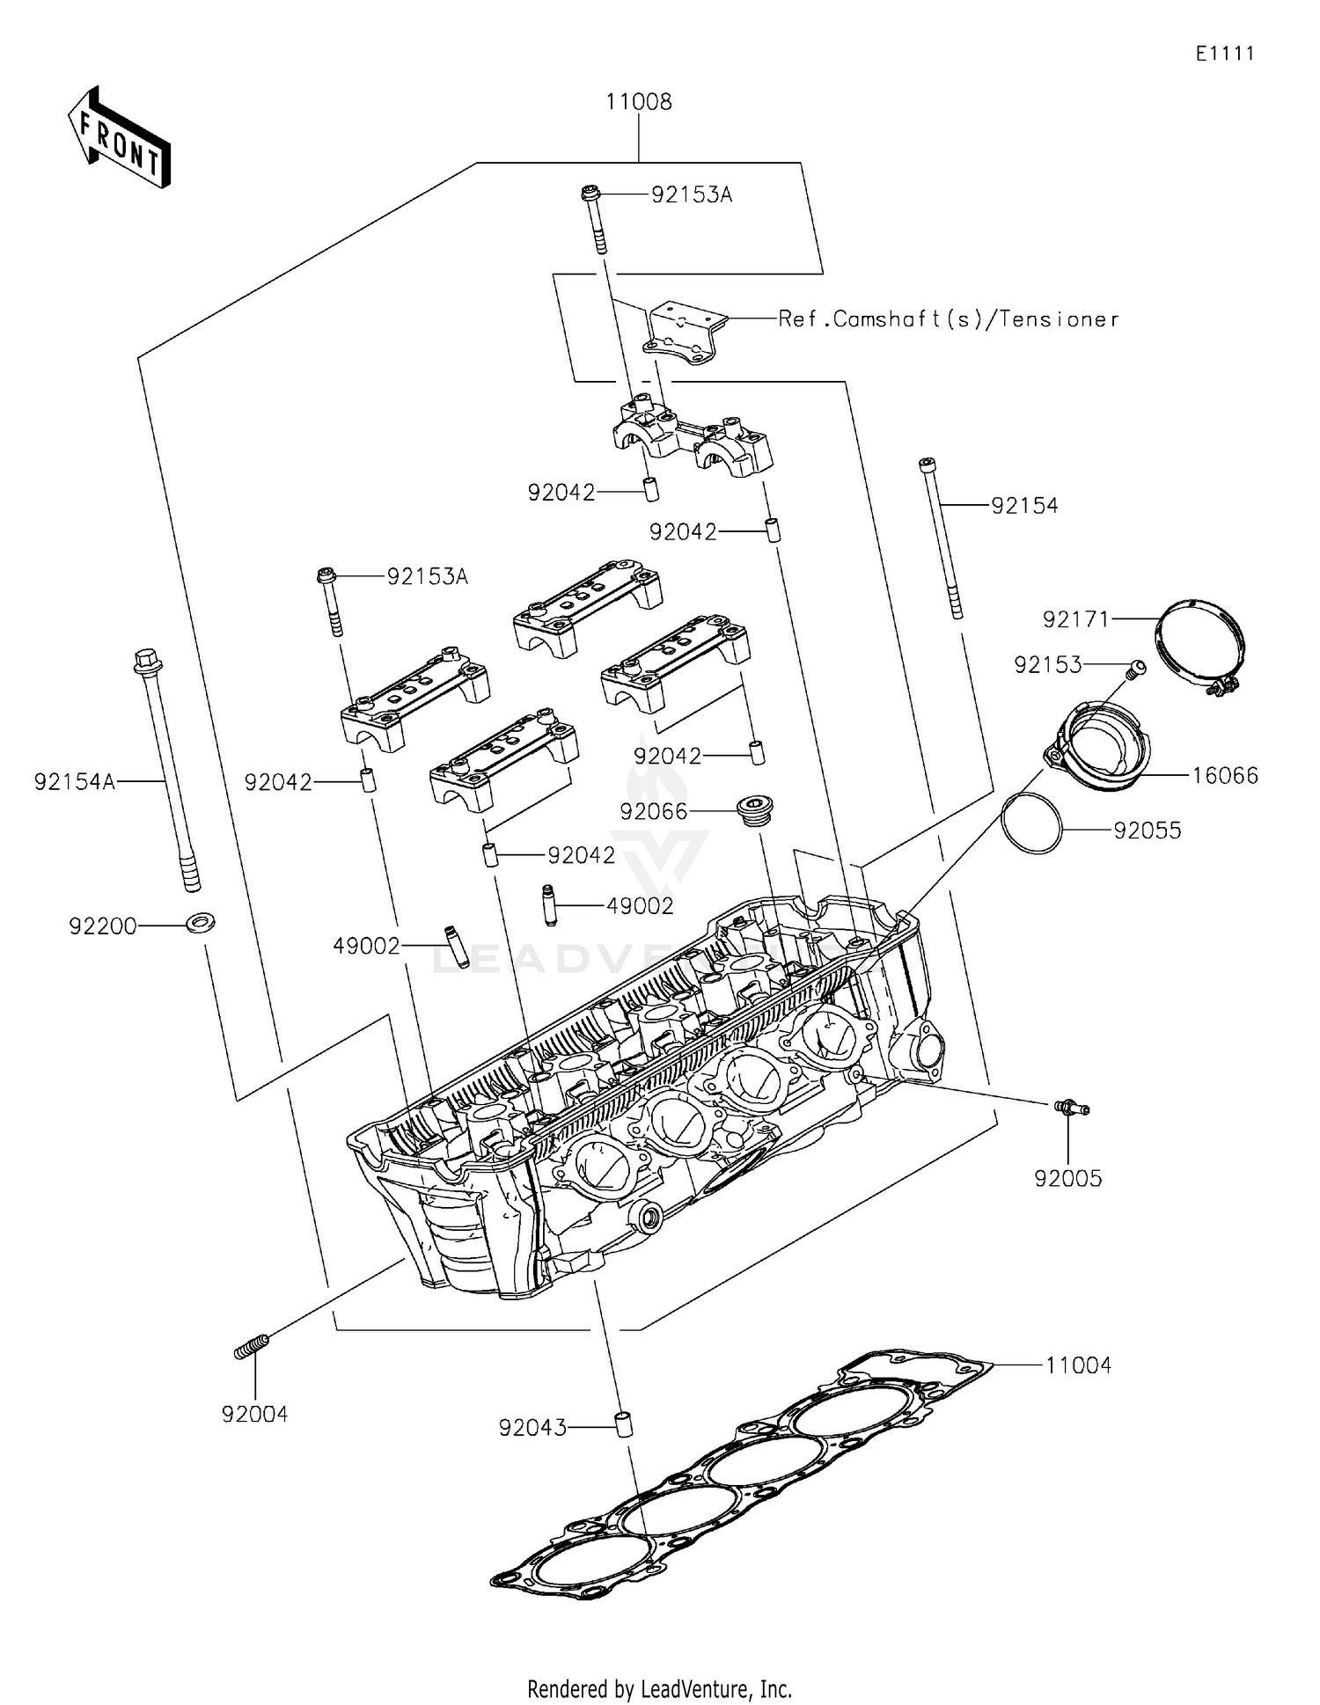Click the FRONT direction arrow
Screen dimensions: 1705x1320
pyautogui.click(x=119, y=138)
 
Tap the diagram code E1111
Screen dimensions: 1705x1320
pyautogui.click(x=1224, y=54)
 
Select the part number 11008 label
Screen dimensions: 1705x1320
pyautogui.click(x=638, y=102)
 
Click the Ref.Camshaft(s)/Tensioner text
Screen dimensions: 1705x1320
pyautogui.click(x=948, y=319)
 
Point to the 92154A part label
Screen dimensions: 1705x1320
pyautogui.click(x=75, y=781)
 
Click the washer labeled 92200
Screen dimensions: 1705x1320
pyautogui.click(x=202, y=924)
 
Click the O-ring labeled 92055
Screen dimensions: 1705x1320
pyautogui.click(x=1031, y=823)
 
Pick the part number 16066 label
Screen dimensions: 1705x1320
pyautogui.click(x=1225, y=776)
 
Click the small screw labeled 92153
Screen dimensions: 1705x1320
pyautogui.click(x=1136, y=670)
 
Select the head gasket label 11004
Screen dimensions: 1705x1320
pyautogui.click(x=1078, y=1365)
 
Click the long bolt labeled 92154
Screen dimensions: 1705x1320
pyautogui.click(x=941, y=537)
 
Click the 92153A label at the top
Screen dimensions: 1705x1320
pyautogui.click(x=691, y=195)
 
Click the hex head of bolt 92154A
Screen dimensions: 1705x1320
pyautogui.click(x=146, y=661)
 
